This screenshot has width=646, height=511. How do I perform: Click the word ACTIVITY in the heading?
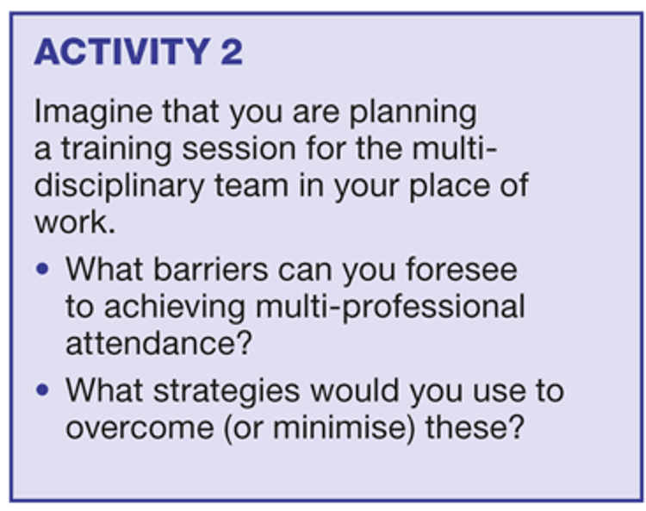click(x=123, y=52)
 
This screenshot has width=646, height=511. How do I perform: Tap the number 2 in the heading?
click(x=232, y=52)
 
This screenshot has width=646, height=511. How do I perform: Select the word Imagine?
click(x=93, y=113)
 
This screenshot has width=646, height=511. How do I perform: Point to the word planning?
click(x=413, y=113)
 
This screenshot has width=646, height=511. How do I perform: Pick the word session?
click(x=239, y=149)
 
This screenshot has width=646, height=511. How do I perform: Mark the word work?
click(x=75, y=223)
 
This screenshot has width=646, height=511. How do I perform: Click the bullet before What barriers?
click(x=42, y=269)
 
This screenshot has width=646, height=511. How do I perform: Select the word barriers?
click(x=210, y=270)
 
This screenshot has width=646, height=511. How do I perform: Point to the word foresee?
click(x=462, y=270)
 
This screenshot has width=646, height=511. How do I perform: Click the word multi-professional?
click(x=390, y=308)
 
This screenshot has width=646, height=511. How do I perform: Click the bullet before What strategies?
click(x=42, y=389)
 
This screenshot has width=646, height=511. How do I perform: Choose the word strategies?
click(x=227, y=391)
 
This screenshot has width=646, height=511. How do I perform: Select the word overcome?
click(x=140, y=428)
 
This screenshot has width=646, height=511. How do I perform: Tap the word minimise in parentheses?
click(x=344, y=427)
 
